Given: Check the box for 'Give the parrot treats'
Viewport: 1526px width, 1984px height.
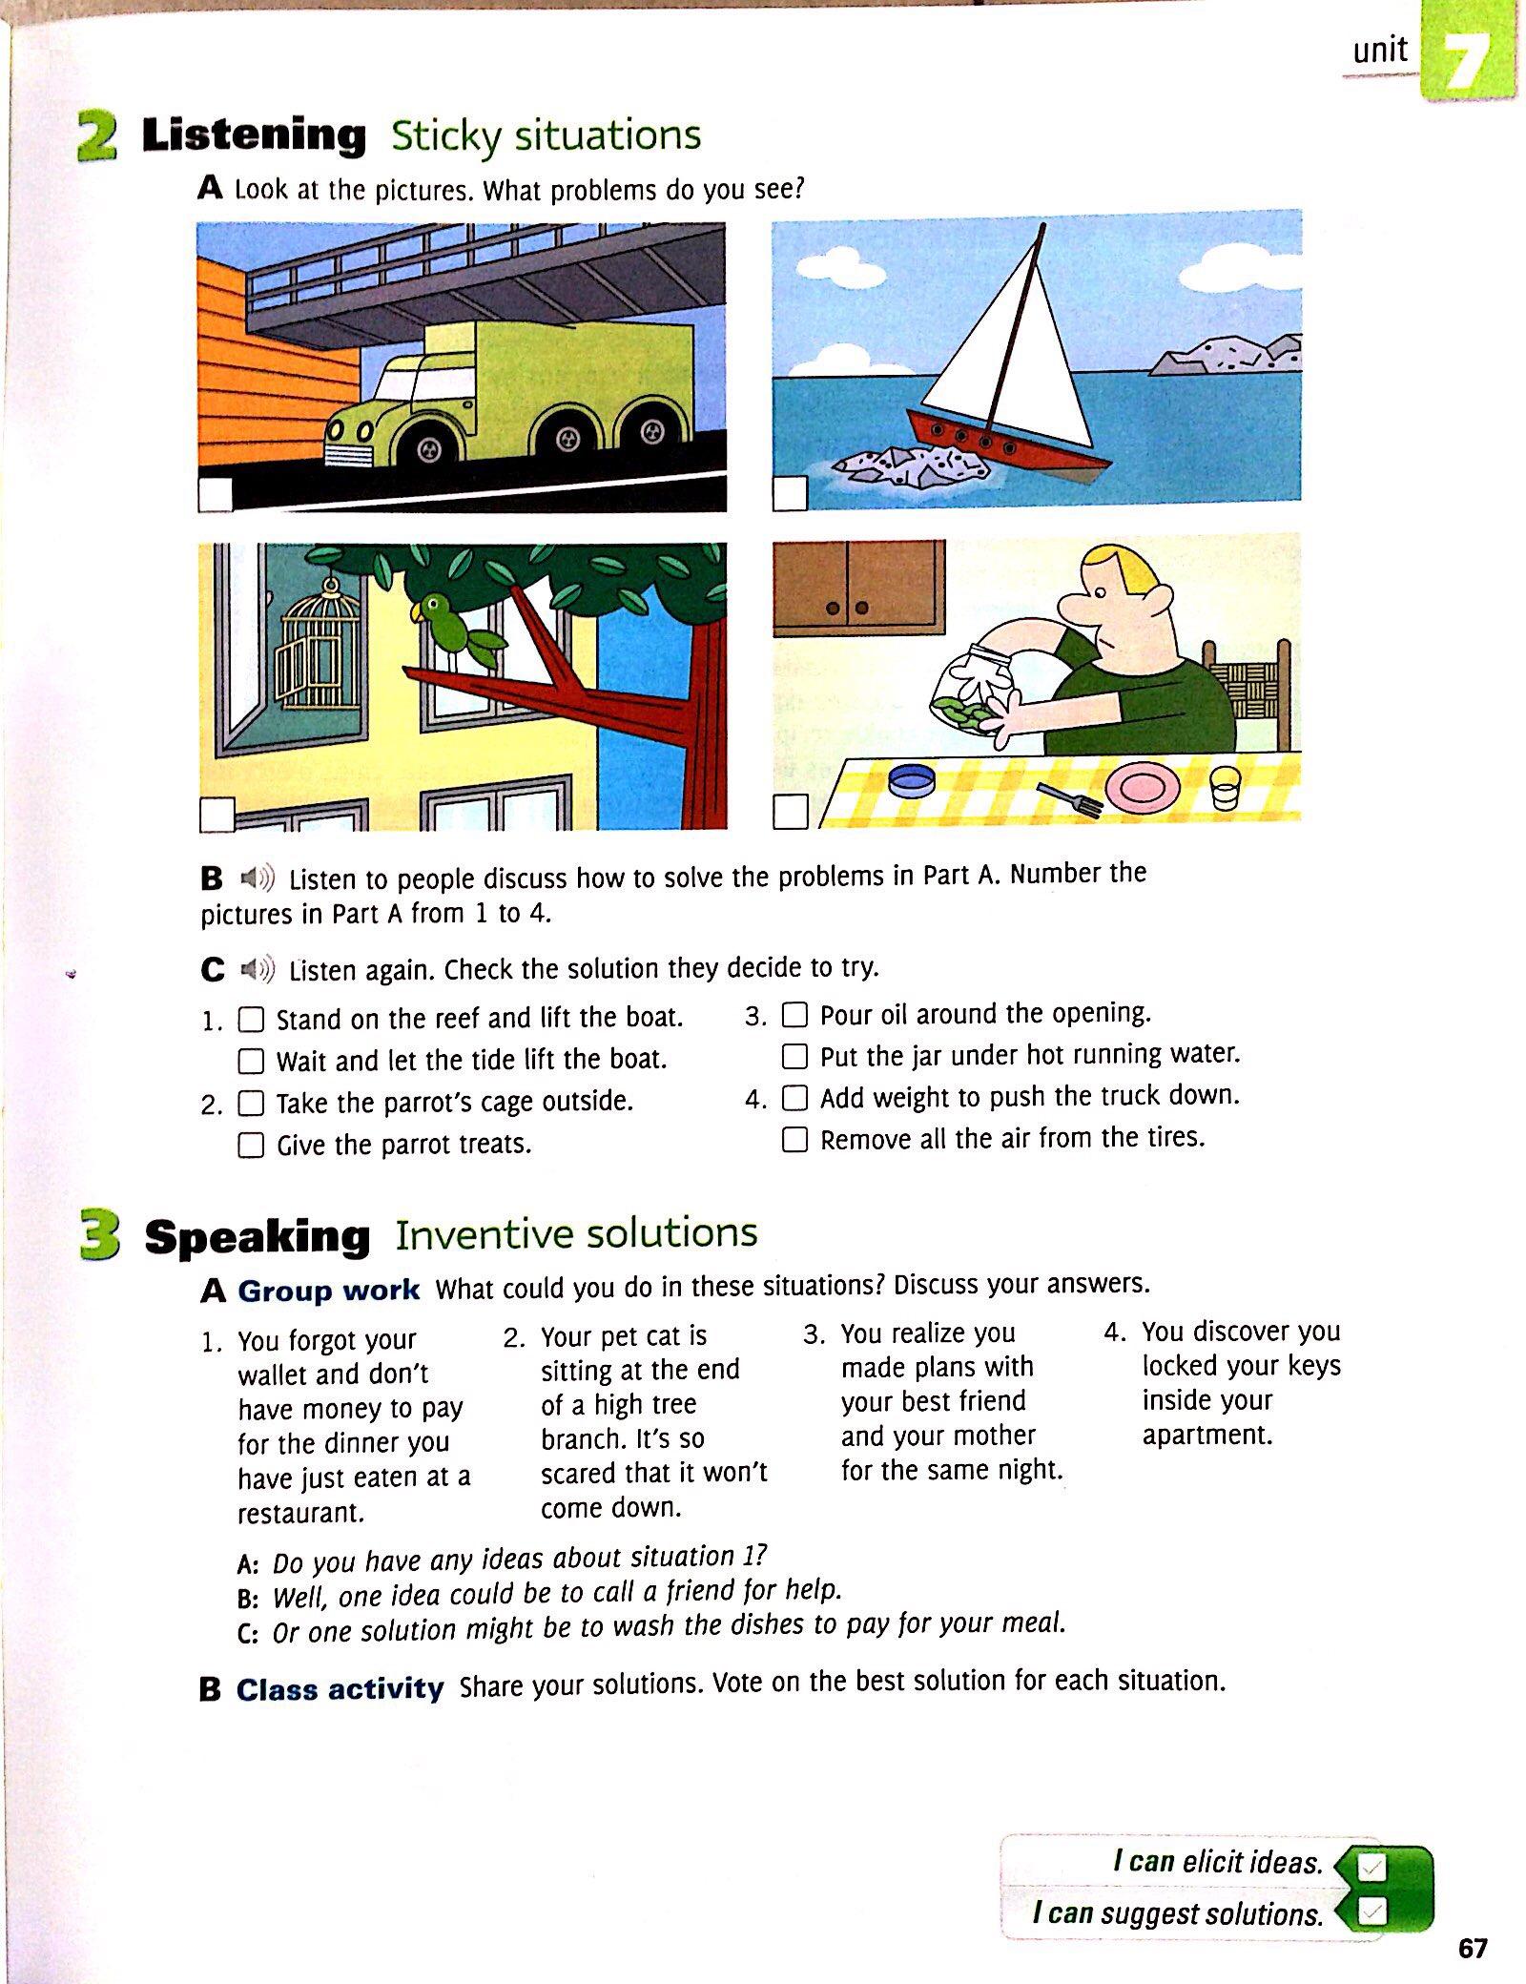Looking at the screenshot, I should [251, 1145].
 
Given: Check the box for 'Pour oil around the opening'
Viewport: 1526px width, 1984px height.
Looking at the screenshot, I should [794, 1014].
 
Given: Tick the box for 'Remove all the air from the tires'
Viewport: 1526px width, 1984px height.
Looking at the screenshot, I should [794, 1139].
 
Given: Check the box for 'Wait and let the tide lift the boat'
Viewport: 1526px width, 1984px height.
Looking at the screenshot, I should [251, 1061].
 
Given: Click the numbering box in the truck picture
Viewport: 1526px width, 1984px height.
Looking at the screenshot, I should [216, 495].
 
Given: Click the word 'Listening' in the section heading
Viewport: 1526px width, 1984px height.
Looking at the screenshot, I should [254, 135].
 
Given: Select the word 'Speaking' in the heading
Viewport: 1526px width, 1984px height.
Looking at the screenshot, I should [257, 1237].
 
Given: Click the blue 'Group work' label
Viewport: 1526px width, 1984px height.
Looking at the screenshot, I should [328, 1291].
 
